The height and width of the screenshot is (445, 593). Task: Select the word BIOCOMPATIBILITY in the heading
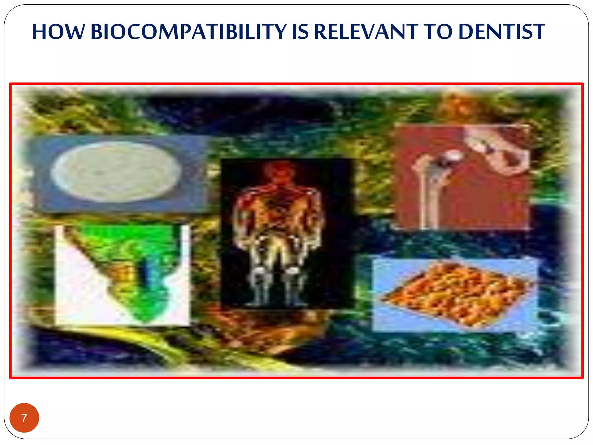click(x=188, y=32)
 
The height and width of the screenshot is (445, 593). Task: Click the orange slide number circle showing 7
click(x=24, y=418)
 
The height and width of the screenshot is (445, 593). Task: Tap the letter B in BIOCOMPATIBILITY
click(x=97, y=32)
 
